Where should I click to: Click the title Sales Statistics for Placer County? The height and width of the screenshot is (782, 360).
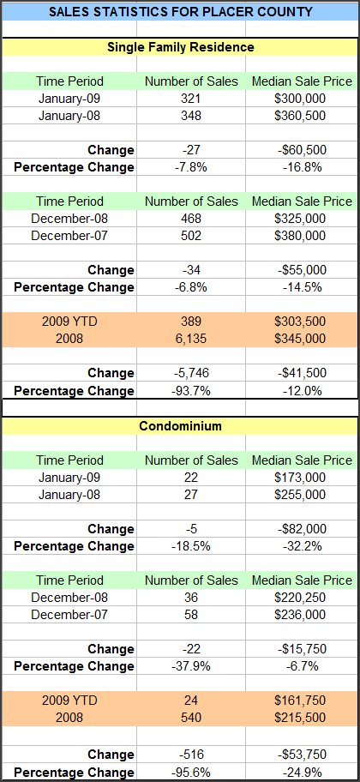(181, 11)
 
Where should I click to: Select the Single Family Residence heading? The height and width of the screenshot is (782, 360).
(181, 47)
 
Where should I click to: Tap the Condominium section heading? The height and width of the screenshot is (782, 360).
(181, 426)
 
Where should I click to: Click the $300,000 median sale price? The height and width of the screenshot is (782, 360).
(300, 99)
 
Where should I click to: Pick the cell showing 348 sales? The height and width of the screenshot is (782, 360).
(191, 116)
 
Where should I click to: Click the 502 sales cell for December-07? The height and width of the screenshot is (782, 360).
(191, 236)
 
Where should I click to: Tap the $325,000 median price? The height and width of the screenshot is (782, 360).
(300, 219)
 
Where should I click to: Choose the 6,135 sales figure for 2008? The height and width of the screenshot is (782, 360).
(191, 339)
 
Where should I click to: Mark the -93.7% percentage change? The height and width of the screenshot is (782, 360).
(191, 390)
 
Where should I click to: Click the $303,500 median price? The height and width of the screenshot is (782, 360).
(300, 322)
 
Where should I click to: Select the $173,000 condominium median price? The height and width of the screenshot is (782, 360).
(300, 478)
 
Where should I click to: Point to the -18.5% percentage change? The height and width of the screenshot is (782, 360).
(191, 546)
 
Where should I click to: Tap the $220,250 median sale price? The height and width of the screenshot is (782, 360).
(300, 598)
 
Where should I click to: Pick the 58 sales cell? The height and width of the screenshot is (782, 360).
(191, 615)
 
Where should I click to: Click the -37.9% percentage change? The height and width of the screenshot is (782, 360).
(191, 665)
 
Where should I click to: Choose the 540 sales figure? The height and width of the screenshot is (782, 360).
(191, 718)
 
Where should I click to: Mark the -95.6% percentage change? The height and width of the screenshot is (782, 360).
(191, 772)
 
